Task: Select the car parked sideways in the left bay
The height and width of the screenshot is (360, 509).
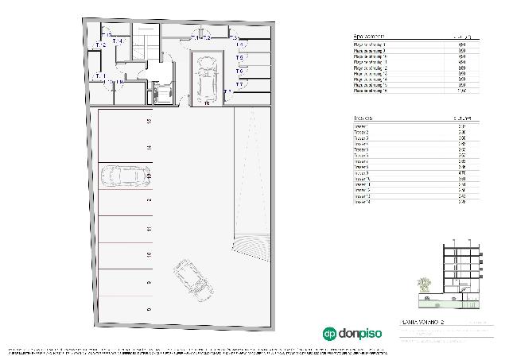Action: pyautogui.click(x=125, y=176)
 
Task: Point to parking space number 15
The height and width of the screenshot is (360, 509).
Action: pyautogui.click(x=149, y=122)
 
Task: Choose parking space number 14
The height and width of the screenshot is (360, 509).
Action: pyautogui.click(x=149, y=148)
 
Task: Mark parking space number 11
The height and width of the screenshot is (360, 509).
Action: pyautogui.click(x=149, y=229)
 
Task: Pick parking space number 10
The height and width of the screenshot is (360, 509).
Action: pyautogui.click(x=149, y=255)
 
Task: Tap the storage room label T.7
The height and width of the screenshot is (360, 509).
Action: pyautogui.click(x=227, y=93)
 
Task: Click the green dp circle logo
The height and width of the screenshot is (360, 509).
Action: pyautogui.click(x=328, y=334)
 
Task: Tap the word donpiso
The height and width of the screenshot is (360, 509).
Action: pyautogui.click(x=359, y=334)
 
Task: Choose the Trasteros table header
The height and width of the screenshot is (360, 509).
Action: pyautogui.click(x=366, y=118)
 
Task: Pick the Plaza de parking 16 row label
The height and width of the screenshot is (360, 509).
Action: pyautogui.click(x=371, y=91)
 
